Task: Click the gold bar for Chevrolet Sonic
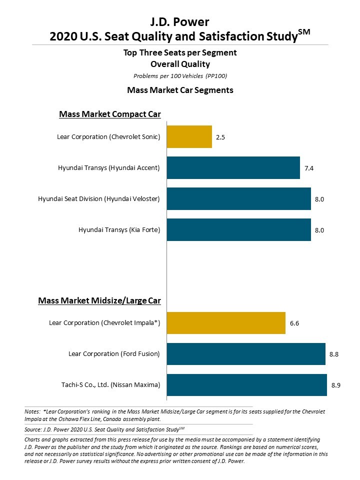(x=189, y=137)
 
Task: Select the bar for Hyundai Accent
(x=233, y=168)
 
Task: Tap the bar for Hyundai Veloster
(x=238, y=199)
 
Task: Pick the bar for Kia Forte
(x=238, y=230)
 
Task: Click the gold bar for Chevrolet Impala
(x=226, y=323)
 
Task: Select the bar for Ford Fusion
(x=246, y=354)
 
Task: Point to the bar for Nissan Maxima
(x=246, y=385)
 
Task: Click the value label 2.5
(x=221, y=137)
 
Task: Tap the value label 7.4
(x=309, y=168)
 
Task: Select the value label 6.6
(x=294, y=323)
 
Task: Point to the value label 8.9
(x=336, y=385)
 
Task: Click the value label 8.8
(x=334, y=354)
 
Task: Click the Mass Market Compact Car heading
(x=110, y=114)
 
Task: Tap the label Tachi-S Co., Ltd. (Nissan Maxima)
(x=110, y=385)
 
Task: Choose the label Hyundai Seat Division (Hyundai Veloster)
(x=99, y=199)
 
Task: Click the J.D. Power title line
(x=180, y=21)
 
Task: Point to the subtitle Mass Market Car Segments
(x=180, y=90)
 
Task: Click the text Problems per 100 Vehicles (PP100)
(x=180, y=75)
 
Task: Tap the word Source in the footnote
(x=32, y=429)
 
